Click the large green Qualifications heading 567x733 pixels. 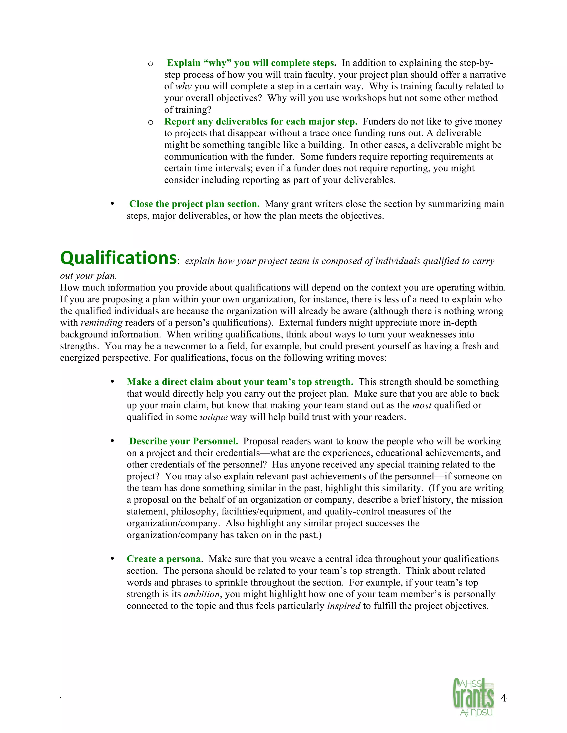[x=118, y=258]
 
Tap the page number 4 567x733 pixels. [x=504, y=698]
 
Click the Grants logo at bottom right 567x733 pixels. [x=473, y=697]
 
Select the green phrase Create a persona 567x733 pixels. [x=164, y=559]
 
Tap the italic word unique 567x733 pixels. [x=214, y=417]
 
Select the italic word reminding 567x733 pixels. [x=101, y=323]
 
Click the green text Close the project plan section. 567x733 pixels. [x=194, y=204]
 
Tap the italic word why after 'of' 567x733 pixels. [x=183, y=87]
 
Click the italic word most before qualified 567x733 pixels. [x=422, y=406]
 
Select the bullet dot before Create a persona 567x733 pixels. [x=112, y=559]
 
